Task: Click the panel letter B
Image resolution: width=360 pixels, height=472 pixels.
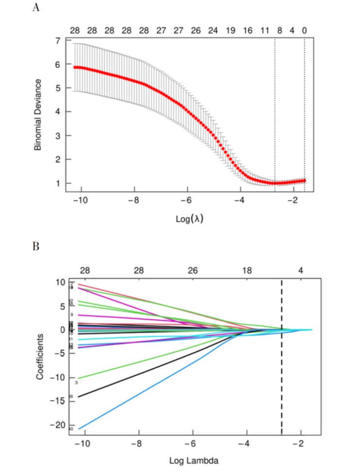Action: pos(35,246)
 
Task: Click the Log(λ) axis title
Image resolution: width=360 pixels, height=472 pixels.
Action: pos(190,219)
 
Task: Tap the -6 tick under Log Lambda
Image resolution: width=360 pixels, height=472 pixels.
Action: pos(193,444)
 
